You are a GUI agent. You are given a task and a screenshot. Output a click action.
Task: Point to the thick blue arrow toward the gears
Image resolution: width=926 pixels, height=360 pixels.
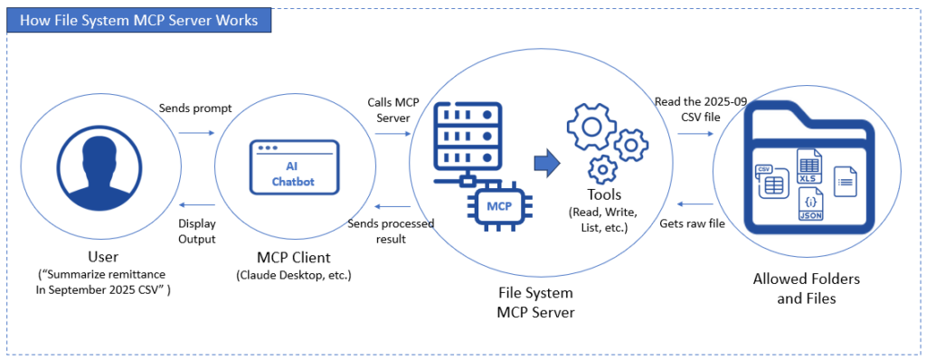coord(546,163)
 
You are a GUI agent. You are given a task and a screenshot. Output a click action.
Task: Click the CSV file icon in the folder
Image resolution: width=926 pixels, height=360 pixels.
coord(770,180)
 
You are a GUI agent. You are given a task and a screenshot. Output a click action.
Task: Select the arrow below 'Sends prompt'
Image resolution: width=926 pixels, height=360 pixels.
coord(196,132)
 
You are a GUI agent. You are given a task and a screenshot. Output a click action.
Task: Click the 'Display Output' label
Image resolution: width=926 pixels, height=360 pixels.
coord(196,232)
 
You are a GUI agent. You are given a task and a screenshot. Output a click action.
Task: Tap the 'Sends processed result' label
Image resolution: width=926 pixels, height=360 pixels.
coord(392,231)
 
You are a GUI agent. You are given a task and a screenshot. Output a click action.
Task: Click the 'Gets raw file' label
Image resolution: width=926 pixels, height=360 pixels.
coord(692,223)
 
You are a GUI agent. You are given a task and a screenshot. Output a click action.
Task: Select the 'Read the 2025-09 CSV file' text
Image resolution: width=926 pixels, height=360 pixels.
coord(701,109)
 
